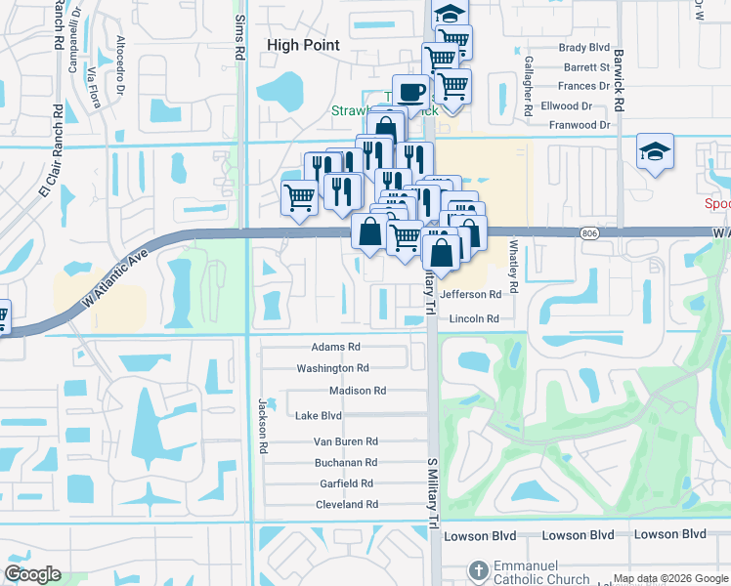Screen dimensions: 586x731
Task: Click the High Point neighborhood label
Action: (303, 45)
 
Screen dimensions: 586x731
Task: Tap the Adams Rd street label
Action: (335, 347)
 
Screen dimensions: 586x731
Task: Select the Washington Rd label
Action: (332, 368)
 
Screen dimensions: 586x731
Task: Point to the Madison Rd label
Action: (358, 391)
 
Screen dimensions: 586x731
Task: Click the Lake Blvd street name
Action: (318, 415)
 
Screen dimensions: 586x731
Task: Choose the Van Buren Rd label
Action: (345, 441)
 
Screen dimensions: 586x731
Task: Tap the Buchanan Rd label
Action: (345, 462)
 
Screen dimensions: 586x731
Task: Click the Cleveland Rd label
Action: (346, 505)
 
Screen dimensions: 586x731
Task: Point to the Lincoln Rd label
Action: (474, 319)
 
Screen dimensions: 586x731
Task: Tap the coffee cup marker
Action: (411, 93)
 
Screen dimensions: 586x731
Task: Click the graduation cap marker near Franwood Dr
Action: (655, 151)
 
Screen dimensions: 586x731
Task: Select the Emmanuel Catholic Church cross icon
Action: (478, 569)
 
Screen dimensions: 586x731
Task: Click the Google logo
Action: (32, 574)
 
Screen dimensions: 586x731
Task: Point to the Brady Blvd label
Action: (583, 47)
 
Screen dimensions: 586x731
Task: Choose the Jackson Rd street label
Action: (262, 426)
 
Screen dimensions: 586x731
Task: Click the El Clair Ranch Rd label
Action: (51, 151)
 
